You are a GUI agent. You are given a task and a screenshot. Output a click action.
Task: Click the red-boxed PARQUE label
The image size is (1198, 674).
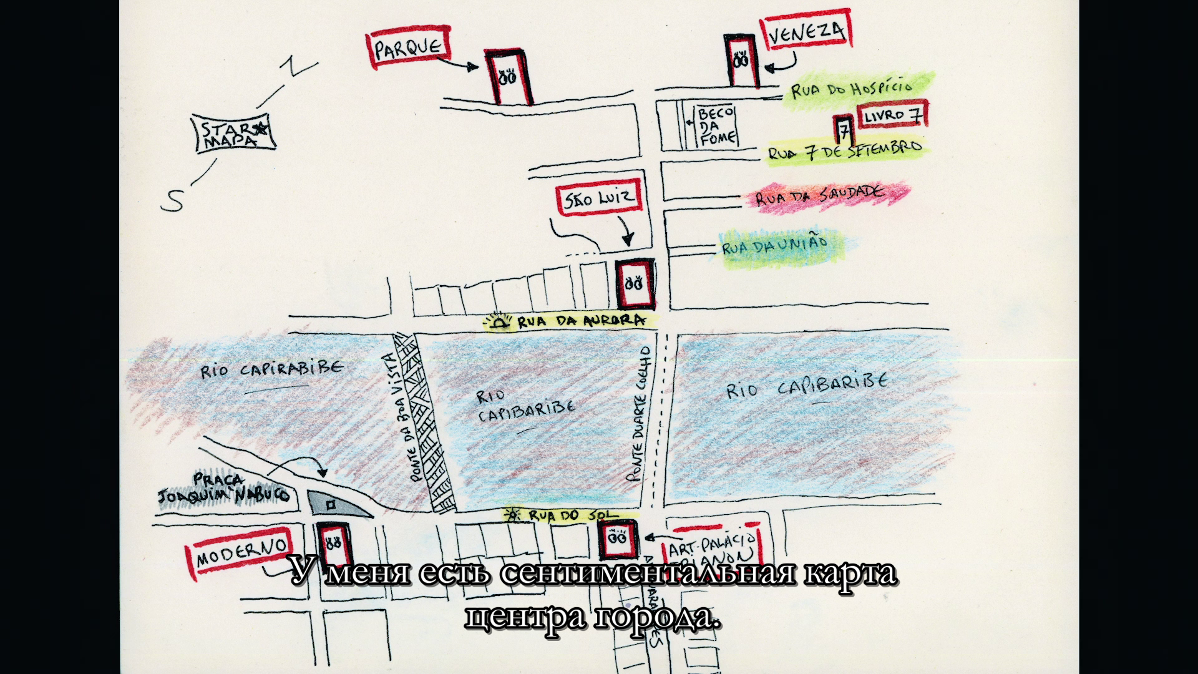(x=409, y=47)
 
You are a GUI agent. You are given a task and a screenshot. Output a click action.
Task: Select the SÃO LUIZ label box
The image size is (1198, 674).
(x=598, y=199)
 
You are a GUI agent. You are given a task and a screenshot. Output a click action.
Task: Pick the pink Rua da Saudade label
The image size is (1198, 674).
(x=821, y=196)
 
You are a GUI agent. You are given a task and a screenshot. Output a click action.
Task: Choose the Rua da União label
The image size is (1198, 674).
(x=775, y=245)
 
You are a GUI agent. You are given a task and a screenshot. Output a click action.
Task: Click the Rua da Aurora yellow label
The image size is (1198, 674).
(x=571, y=321)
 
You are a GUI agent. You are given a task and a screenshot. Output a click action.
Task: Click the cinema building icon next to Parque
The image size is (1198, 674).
(x=509, y=76)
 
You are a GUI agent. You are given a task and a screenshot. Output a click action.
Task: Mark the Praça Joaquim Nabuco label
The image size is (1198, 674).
(x=225, y=489)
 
